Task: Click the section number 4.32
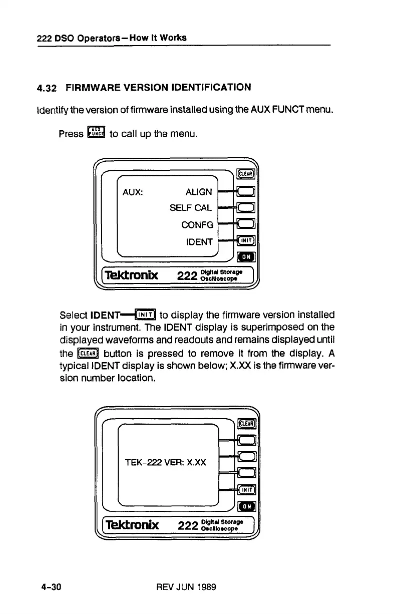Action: point(49,89)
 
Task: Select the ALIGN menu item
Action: point(199,192)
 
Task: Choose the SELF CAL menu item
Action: point(191,208)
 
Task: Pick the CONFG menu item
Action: point(197,225)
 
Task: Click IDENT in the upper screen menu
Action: point(199,242)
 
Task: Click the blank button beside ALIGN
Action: point(246,191)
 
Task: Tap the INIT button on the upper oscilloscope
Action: point(246,241)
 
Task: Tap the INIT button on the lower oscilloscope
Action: point(246,489)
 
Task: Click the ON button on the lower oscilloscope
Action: point(246,506)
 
